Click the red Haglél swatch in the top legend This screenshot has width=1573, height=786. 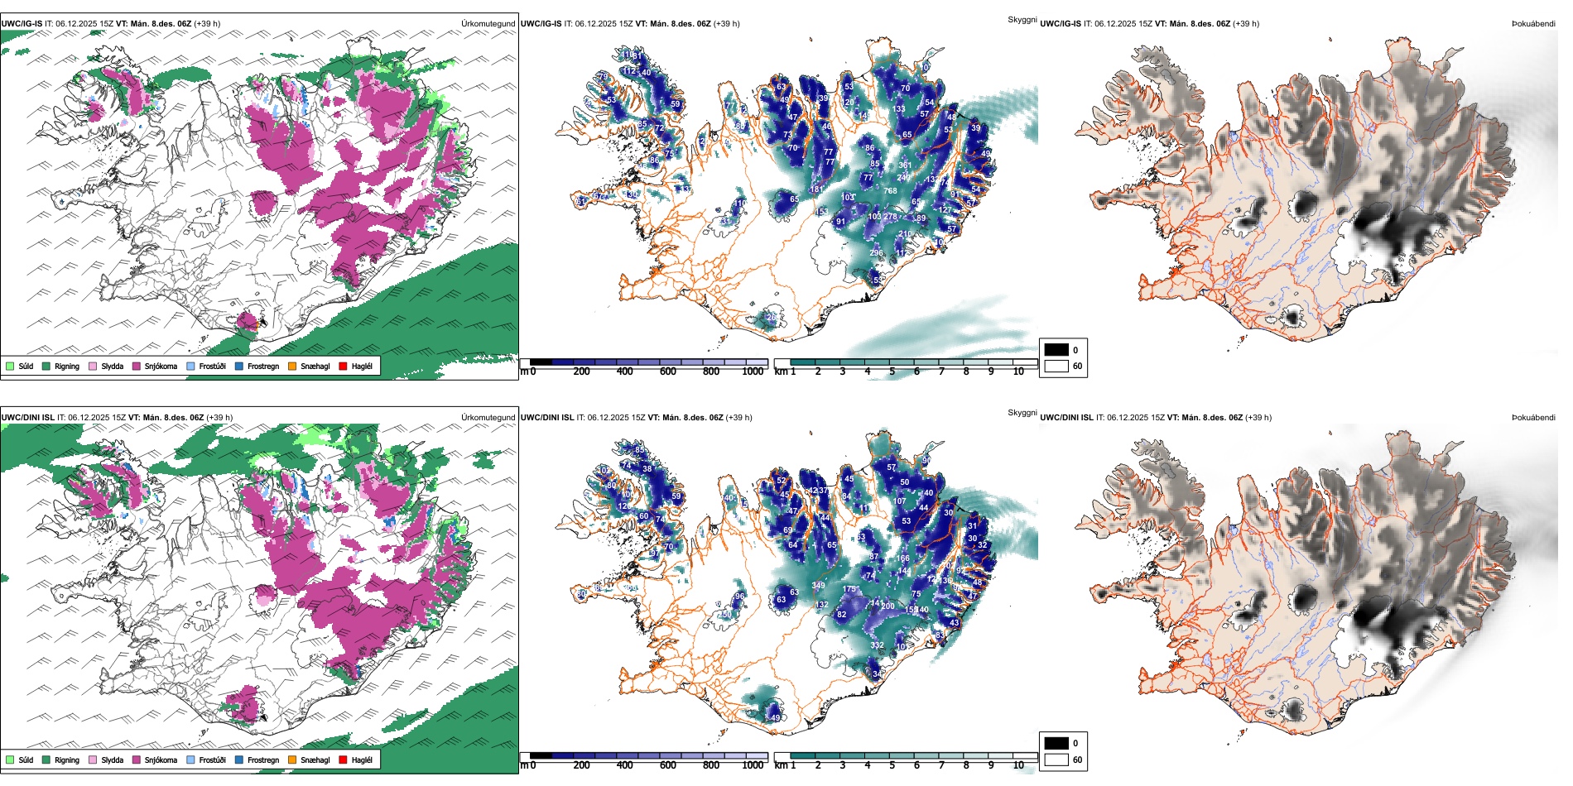pyautogui.click(x=343, y=367)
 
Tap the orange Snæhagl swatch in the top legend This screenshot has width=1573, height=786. pyautogui.click(x=292, y=367)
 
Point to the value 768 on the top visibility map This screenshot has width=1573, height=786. pyautogui.click(x=890, y=191)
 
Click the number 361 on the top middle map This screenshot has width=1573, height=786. pyautogui.click(x=905, y=165)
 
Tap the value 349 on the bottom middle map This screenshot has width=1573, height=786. pyautogui.click(x=818, y=586)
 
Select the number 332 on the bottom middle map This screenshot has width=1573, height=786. pyautogui.click(x=877, y=645)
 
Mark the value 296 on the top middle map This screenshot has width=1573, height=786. pyautogui.click(x=876, y=253)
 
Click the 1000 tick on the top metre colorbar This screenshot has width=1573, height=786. pyautogui.click(x=753, y=372)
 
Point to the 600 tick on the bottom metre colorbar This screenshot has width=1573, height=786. pyautogui.click(x=668, y=765)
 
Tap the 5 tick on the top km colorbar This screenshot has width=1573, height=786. pyautogui.click(x=892, y=372)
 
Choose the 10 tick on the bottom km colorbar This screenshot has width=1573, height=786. pyautogui.click(x=1018, y=765)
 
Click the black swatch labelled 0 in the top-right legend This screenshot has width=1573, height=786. pyautogui.click(x=1056, y=350)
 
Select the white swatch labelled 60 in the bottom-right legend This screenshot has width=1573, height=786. pyautogui.click(x=1056, y=760)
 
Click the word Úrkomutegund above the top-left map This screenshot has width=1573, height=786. pyautogui.click(x=488, y=24)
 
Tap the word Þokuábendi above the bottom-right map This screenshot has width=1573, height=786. pyautogui.click(x=1533, y=418)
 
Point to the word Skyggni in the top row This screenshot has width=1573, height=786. pyautogui.click(x=1022, y=20)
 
